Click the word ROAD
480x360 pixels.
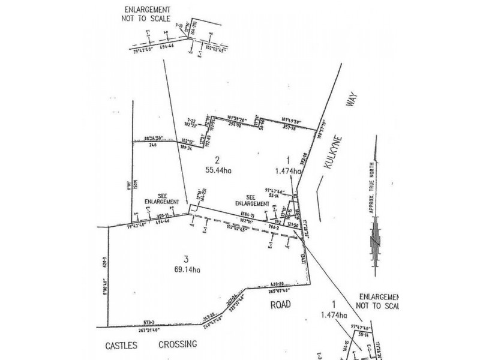click(279, 304)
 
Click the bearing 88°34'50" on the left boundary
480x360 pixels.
click(148, 138)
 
